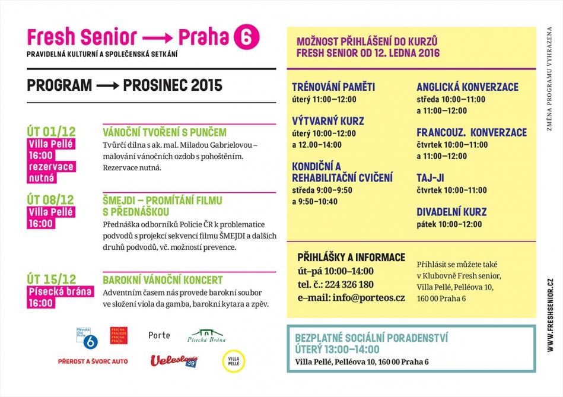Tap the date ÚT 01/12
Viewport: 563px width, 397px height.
click(51, 131)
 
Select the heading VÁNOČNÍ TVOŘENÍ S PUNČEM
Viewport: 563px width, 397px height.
click(164, 132)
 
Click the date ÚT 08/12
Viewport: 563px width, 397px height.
click(51, 200)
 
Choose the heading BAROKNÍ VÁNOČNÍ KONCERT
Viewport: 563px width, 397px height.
click(163, 280)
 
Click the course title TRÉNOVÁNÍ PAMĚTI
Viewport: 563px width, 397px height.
click(333, 87)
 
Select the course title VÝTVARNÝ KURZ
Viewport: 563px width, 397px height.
click(327, 121)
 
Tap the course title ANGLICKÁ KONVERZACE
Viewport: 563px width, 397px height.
click(467, 87)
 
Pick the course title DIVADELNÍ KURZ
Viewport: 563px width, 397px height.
click(451, 212)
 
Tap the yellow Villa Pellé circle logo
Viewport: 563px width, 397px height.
click(233, 361)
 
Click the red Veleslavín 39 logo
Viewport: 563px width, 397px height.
click(174, 361)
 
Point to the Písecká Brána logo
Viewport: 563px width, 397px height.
click(207, 336)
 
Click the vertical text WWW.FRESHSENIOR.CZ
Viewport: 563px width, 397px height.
click(551, 314)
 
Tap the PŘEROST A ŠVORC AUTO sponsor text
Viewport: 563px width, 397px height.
click(93, 361)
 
